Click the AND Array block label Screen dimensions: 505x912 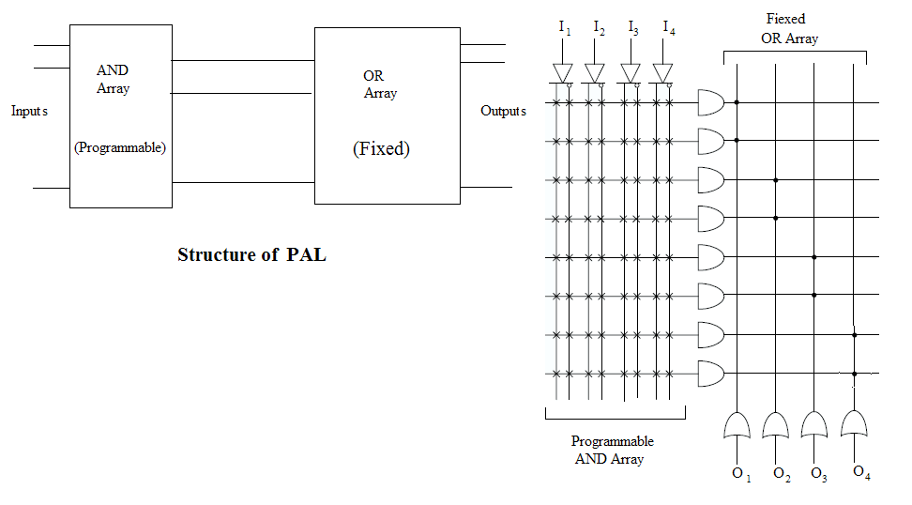coord(113,80)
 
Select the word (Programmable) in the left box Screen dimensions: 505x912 coord(119,147)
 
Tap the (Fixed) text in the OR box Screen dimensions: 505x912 coord(381,148)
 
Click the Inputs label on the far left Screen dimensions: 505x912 coord(29,111)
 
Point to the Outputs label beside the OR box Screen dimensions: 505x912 coord(503,111)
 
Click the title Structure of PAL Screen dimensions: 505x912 coord(251,254)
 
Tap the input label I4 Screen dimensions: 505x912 coord(668,27)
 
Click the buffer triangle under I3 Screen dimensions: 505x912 coord(631,72)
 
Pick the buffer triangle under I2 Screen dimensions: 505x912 coord(595,72)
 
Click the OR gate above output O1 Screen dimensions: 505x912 coord(737,426)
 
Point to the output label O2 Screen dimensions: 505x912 coord(782,475)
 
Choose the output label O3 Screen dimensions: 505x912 coord(818,475)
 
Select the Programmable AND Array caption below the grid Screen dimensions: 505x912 coord(612,450)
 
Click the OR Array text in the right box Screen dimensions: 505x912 coord(379,84)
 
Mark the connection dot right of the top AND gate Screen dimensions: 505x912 coord(737,101)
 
